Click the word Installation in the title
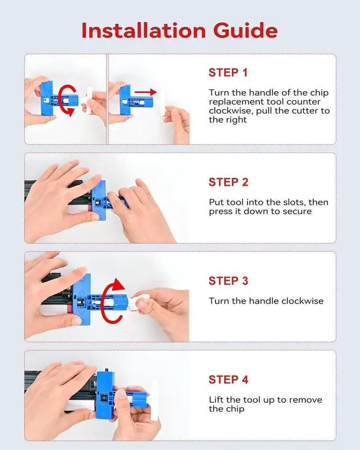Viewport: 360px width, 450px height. coord(143,30)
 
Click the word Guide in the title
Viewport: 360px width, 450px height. coord(245,30)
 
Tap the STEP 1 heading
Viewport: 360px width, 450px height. coord(228,73)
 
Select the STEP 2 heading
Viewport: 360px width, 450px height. coord(228,182)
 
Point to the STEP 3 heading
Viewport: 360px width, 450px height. coord(228,281)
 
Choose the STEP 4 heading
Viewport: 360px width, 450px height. coord(228,379)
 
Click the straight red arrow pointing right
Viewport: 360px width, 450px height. coord(146,92)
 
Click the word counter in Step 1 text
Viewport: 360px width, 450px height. coord(303,102)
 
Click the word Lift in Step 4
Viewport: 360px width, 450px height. coord(216,399)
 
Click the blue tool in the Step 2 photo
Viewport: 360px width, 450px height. coord(106,200)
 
